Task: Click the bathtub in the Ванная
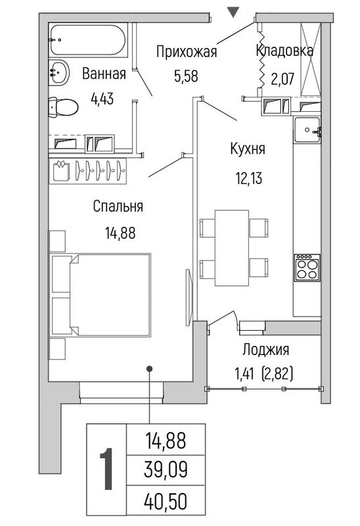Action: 89,40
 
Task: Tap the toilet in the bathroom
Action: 63,107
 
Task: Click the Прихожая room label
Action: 187,52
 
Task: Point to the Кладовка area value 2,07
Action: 282,79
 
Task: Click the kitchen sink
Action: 307,130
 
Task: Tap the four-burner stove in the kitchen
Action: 307,268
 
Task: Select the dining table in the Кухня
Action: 232,248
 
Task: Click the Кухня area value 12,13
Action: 248,178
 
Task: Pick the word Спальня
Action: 118,206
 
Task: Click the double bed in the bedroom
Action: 101,295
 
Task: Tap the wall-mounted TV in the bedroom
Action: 189,297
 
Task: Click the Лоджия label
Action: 265,350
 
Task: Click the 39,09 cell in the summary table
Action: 166,469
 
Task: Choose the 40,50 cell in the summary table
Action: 166,502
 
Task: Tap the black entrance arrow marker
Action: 233,12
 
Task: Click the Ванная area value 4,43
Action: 102,99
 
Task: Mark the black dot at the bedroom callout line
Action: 150,369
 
